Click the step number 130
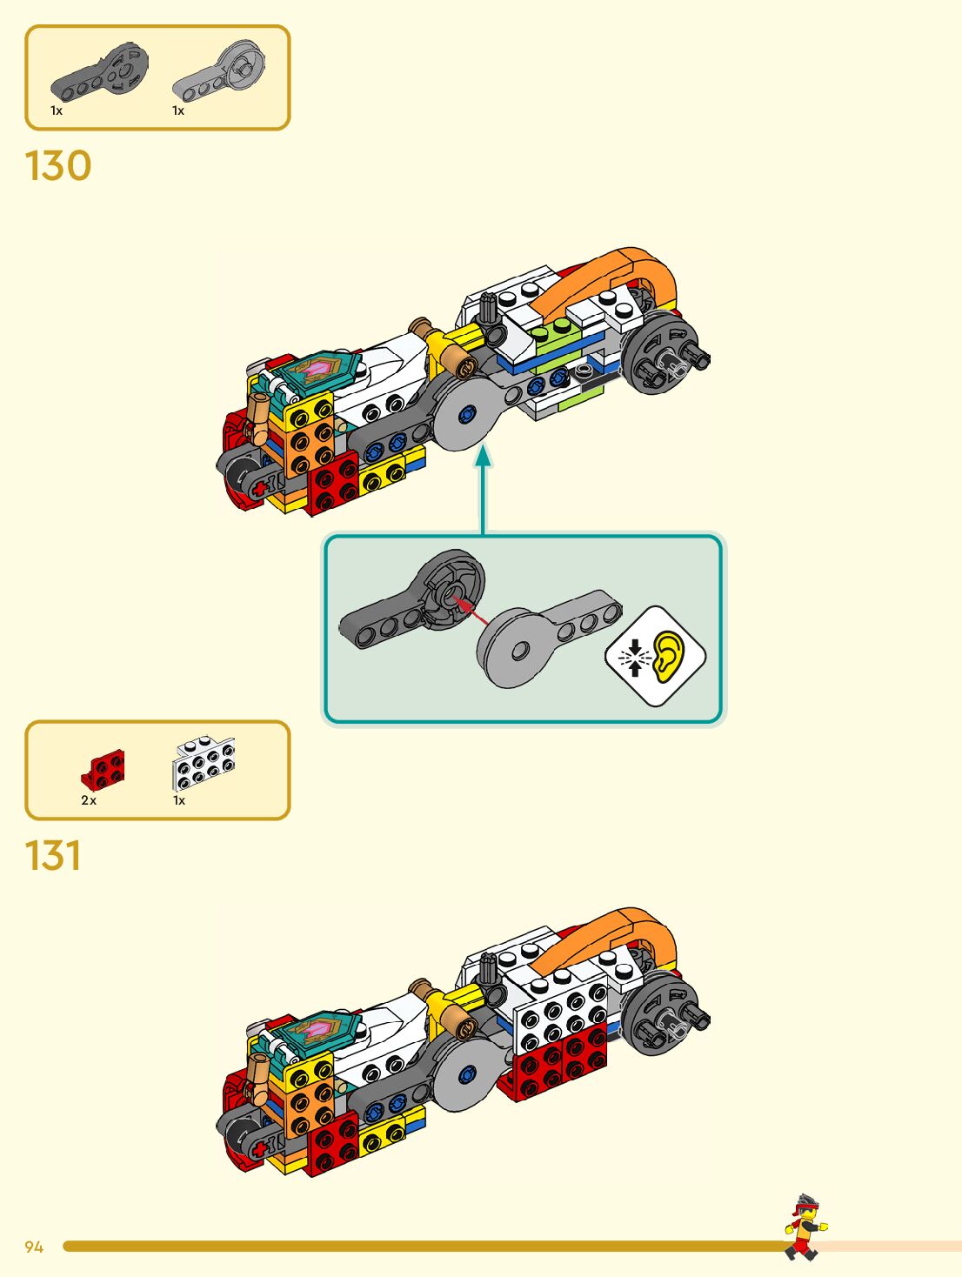[x=58, y=165]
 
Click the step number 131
[x=53, y=855]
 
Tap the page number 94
[x=34, y=1247]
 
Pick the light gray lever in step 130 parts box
[x=220, y=70]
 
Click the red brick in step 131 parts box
[x=104, y=769]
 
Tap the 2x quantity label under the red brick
[x=89, y=800]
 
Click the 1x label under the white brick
[x=179, y=800]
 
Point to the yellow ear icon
[x=668, y=655]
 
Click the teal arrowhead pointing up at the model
[x=483, y=455]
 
